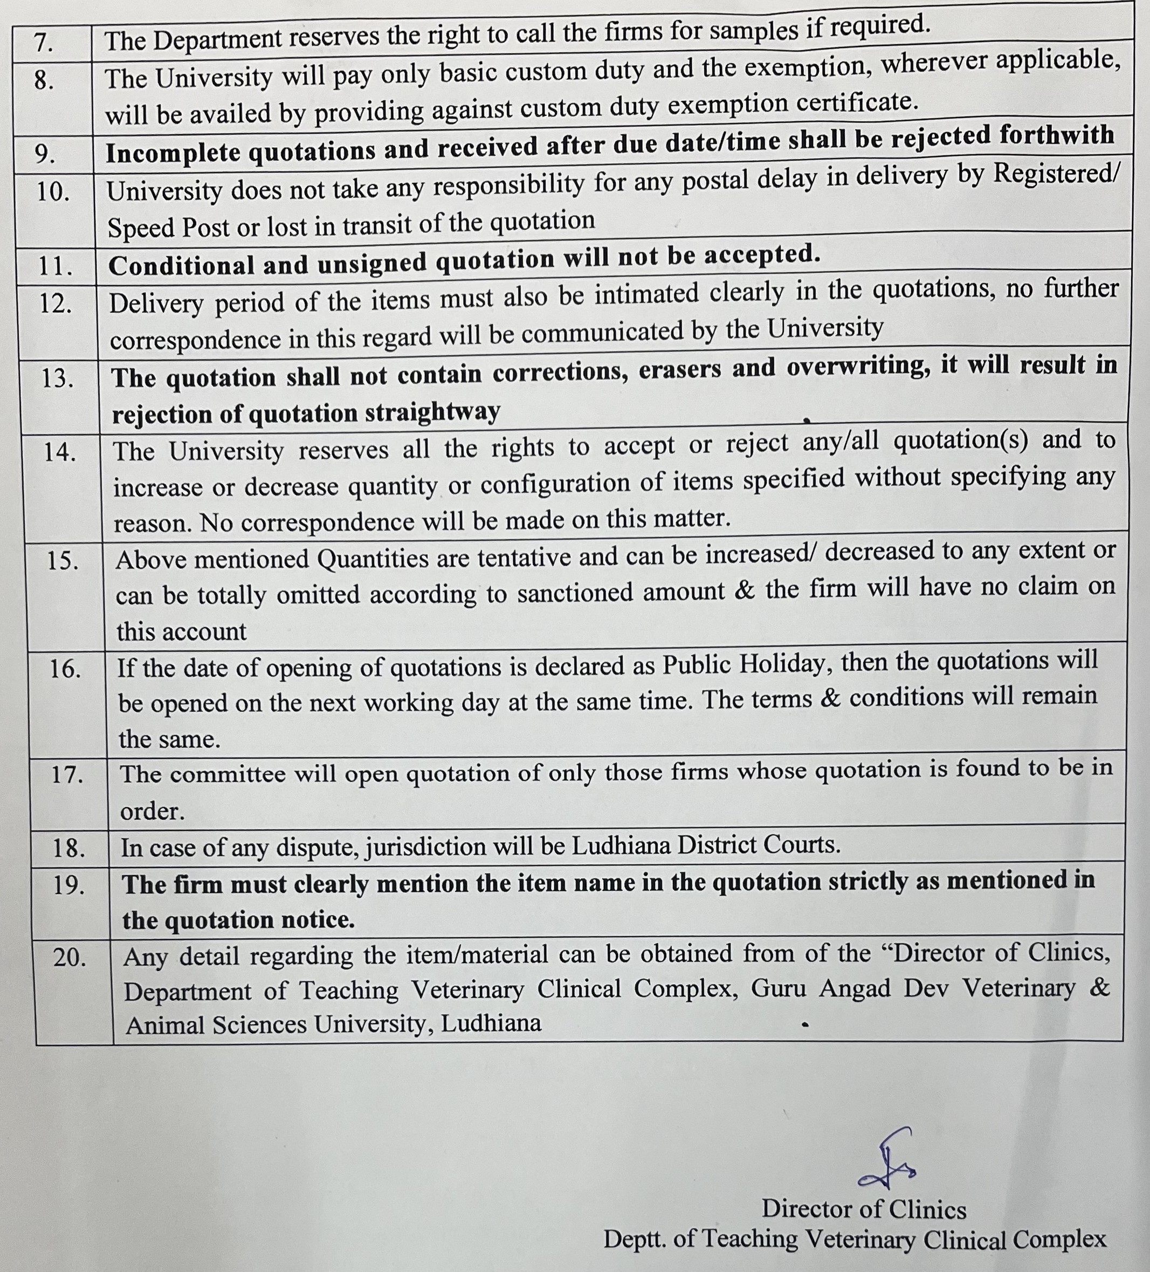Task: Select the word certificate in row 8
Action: [x=854, y=103]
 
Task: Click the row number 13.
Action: [x=57, y=379]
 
